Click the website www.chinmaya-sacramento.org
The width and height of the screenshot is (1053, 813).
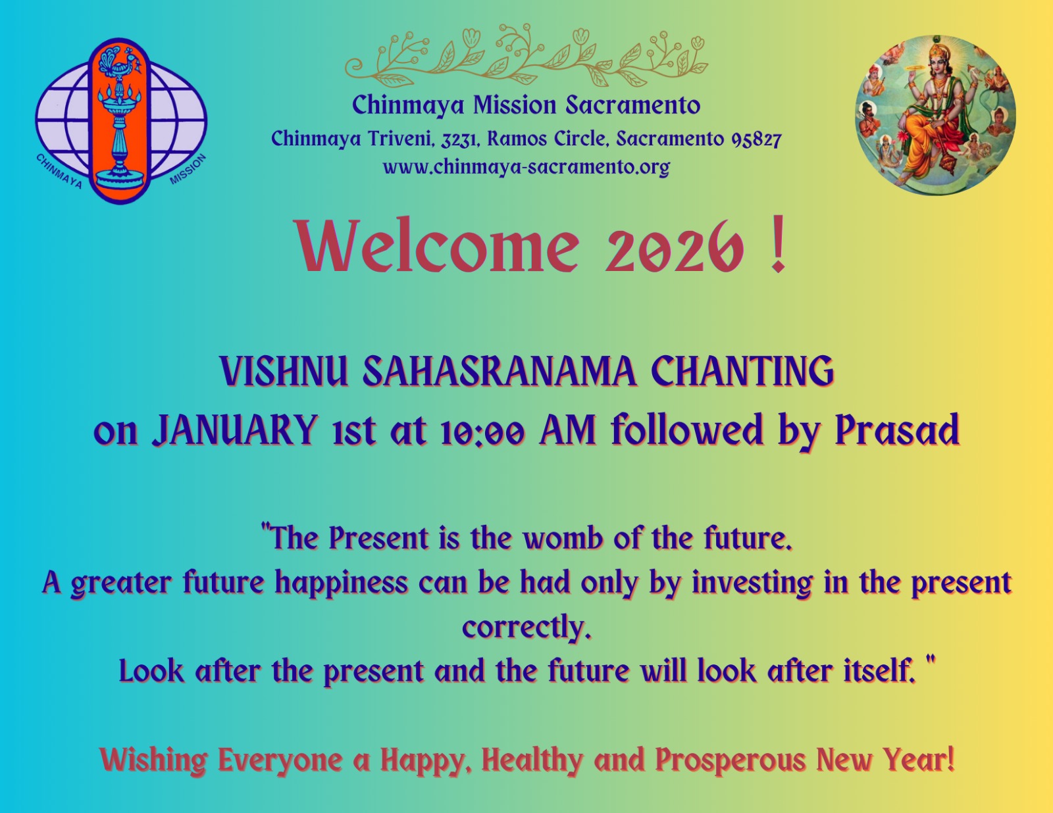(526, 168)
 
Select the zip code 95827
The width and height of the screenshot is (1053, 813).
(756, 139)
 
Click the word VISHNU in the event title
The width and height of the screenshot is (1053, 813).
(284, 372)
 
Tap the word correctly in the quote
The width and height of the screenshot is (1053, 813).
(526, 628)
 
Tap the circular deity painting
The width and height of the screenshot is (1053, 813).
(935, 115)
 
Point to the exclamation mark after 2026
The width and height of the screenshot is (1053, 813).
(779, 245)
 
